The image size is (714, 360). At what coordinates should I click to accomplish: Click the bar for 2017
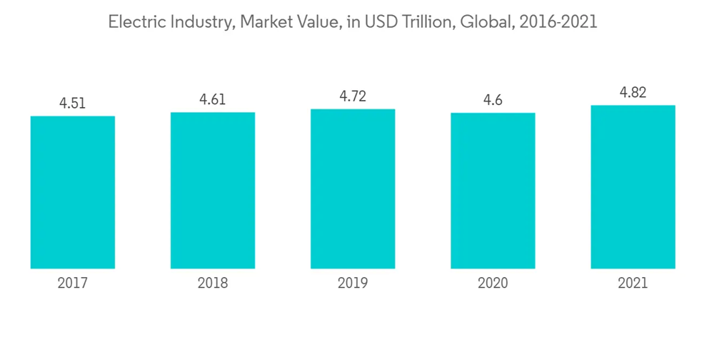pyautogui.click(x=73, y=192)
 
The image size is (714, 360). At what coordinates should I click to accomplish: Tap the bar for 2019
pyautogui.click(x=353, y=189)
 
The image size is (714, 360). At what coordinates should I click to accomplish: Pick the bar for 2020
pyautogui.click(x=493, y=191)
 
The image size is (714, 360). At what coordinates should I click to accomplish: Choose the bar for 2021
pyautogui.click(x=633, y=187)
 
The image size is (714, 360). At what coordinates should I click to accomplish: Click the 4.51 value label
pyautogui.click(x=73, y=103)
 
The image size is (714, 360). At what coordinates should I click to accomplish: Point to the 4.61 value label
pyautogui.click(x=213, y=99)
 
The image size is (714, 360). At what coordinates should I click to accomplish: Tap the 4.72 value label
pyautogui.click(x=353, y=96)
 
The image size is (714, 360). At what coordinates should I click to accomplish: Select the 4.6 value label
pyautogui.click(x=493, y=100)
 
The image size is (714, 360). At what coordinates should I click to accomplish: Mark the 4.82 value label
pyautogui.click(x=633, y=92)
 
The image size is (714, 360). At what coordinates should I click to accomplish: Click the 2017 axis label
pyautogui.click(x=73, y=284)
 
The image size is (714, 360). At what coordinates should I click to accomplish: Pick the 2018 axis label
pyautogui.click(x=213, y=284)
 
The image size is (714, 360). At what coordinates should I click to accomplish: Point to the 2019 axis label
pyautogui.click(x=353, y=284)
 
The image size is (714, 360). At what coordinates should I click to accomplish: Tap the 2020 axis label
pyautogui.click(x=493, y=284)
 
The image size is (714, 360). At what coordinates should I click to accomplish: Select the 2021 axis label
pyautogui.click(x=633, y=284)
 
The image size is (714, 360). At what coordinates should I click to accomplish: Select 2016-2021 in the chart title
pyautogui.click(x=558, y=22)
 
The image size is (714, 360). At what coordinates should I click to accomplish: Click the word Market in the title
pyautogui.click(x=266, y=22)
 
